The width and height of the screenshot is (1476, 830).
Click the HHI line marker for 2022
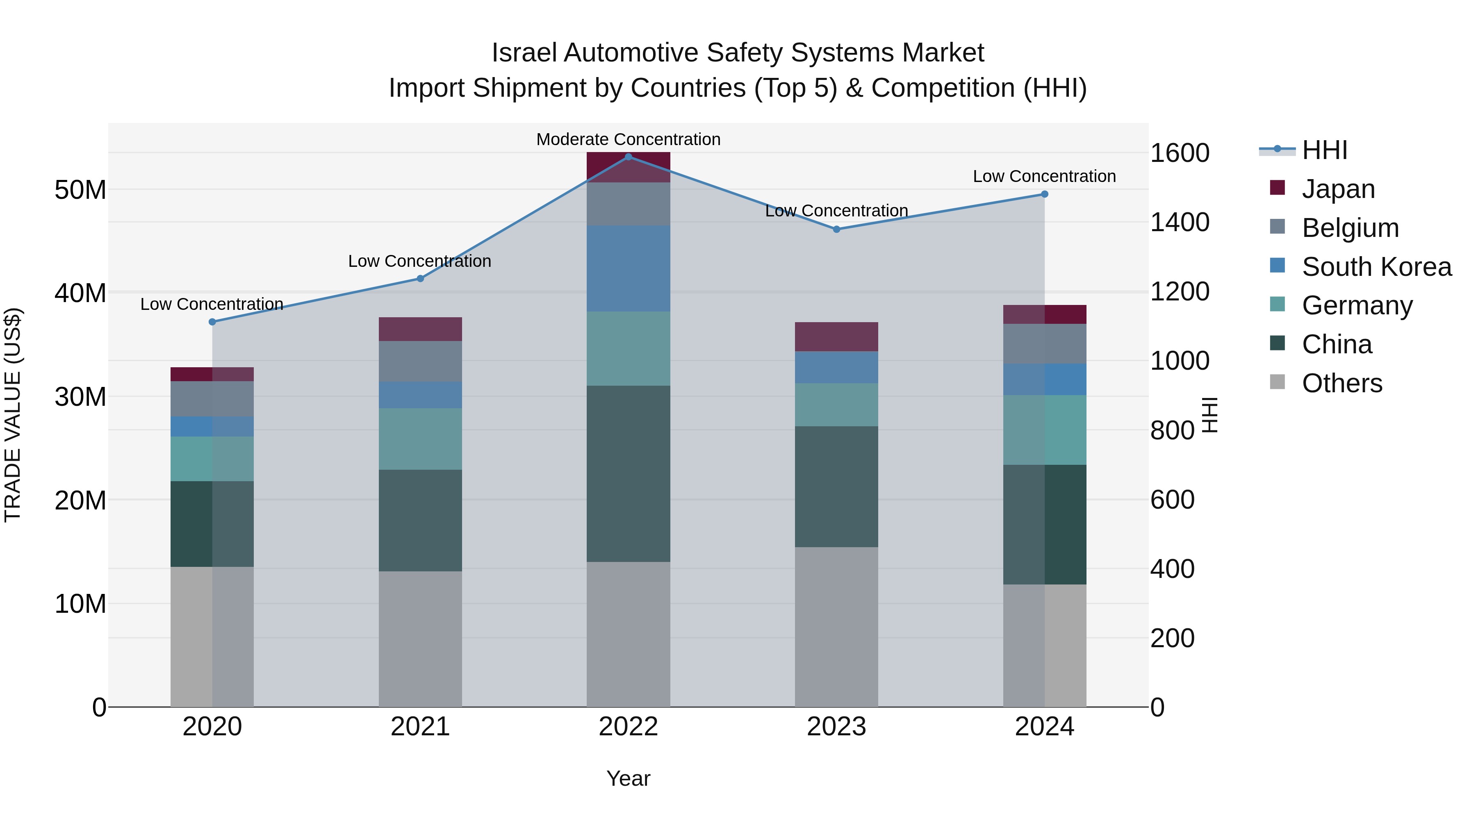(x=628, y=157)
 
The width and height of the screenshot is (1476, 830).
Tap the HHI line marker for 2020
(x=212, y=322)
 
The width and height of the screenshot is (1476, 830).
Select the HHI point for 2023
(x=836, y=229)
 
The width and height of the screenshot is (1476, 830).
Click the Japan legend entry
(x=1338, y=189)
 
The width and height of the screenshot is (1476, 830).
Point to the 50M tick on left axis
(x=80, y=190)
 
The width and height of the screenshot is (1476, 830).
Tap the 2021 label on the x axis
(x=420, y=727)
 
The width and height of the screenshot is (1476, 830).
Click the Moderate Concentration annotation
(x=628, y=139)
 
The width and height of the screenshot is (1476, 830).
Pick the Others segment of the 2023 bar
(x=836, y=627)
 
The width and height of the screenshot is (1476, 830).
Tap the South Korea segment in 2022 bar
(x=628, y=268)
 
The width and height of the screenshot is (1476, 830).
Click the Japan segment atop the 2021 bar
(x=420, y=330)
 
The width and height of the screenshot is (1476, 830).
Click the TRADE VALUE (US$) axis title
(x=13, y=415)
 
